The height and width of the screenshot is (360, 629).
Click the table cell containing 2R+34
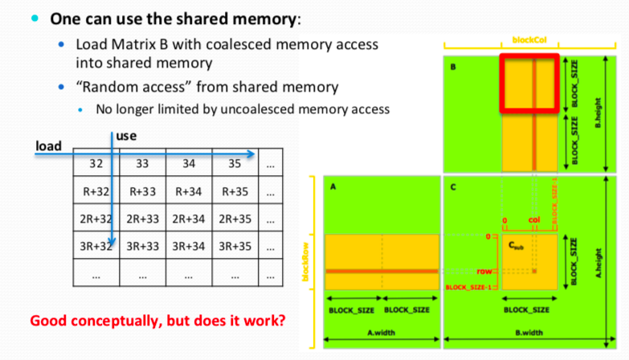pyautogui.click(x=189, y=218)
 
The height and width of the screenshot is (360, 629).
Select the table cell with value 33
pyautogui.click(x=142, y=164)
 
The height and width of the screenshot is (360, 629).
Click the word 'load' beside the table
pyautogui.click(x=49, y=145)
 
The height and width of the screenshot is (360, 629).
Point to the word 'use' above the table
pyautogui.click(x=126, y=137)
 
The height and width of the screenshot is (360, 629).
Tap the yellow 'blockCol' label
pyautogui.click(x=528, y=39)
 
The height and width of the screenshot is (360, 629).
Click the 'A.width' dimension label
pyautogui.click(x=380, y=330)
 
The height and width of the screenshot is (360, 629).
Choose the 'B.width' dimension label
pyautogui.click(x=529, y=330)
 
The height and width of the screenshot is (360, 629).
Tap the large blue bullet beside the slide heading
pyautogui.click(x=35, y=18)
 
